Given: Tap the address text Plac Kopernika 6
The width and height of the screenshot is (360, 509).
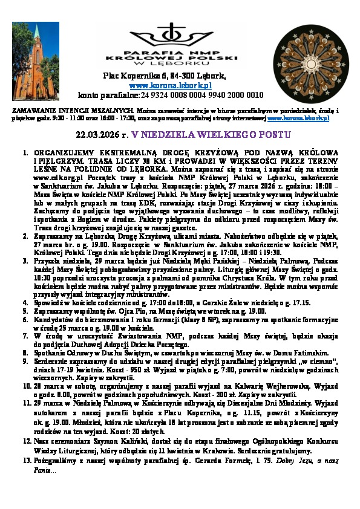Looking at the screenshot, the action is tap(133, 76).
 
